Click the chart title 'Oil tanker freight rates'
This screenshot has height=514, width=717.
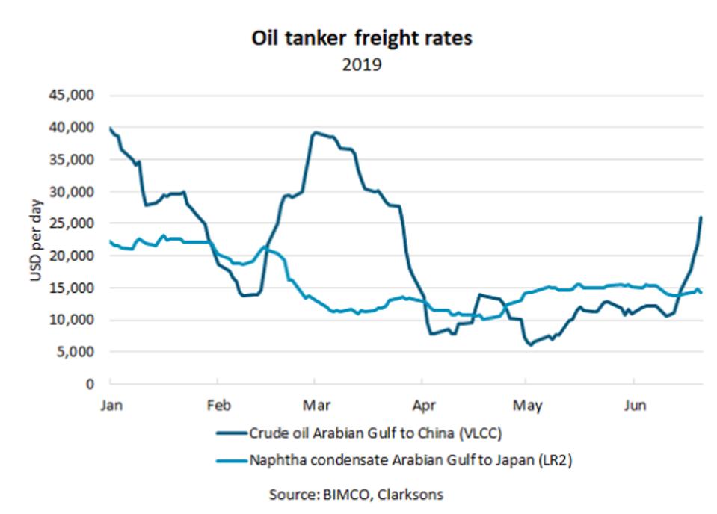click(x=361, y=39)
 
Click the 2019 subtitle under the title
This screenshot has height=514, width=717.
click(x=362, y=64)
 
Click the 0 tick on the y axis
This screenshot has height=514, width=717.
click(x=90, y=384)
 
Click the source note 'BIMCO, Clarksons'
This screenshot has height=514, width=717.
click(x=358, y=495)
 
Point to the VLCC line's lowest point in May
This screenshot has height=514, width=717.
click(x=531, y=345)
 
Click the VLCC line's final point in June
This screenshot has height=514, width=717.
click(x=701, y=217)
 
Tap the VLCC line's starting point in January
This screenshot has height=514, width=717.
click(x=111, y=128)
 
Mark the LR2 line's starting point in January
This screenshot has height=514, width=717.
click(x=111, y=241)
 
